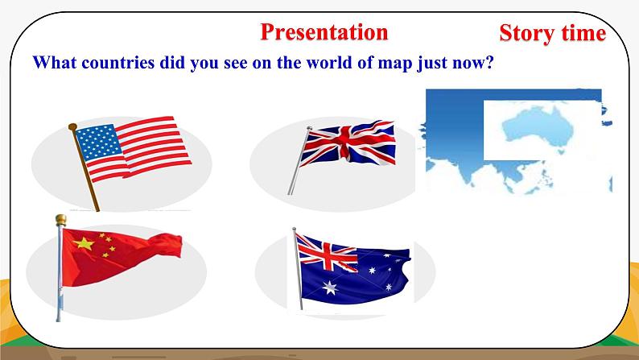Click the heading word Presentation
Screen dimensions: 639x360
(324, 32)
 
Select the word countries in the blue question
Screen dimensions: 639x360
(118, 62)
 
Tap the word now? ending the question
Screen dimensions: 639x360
(473, 63)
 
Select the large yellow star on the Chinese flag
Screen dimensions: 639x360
(84, 243)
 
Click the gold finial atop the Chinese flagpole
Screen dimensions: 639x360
(60, 220)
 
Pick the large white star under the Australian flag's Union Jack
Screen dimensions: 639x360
(330, 288)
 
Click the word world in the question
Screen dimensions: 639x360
(329, 62)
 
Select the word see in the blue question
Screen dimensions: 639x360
(236, 63)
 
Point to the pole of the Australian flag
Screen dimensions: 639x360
(298, 268)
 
